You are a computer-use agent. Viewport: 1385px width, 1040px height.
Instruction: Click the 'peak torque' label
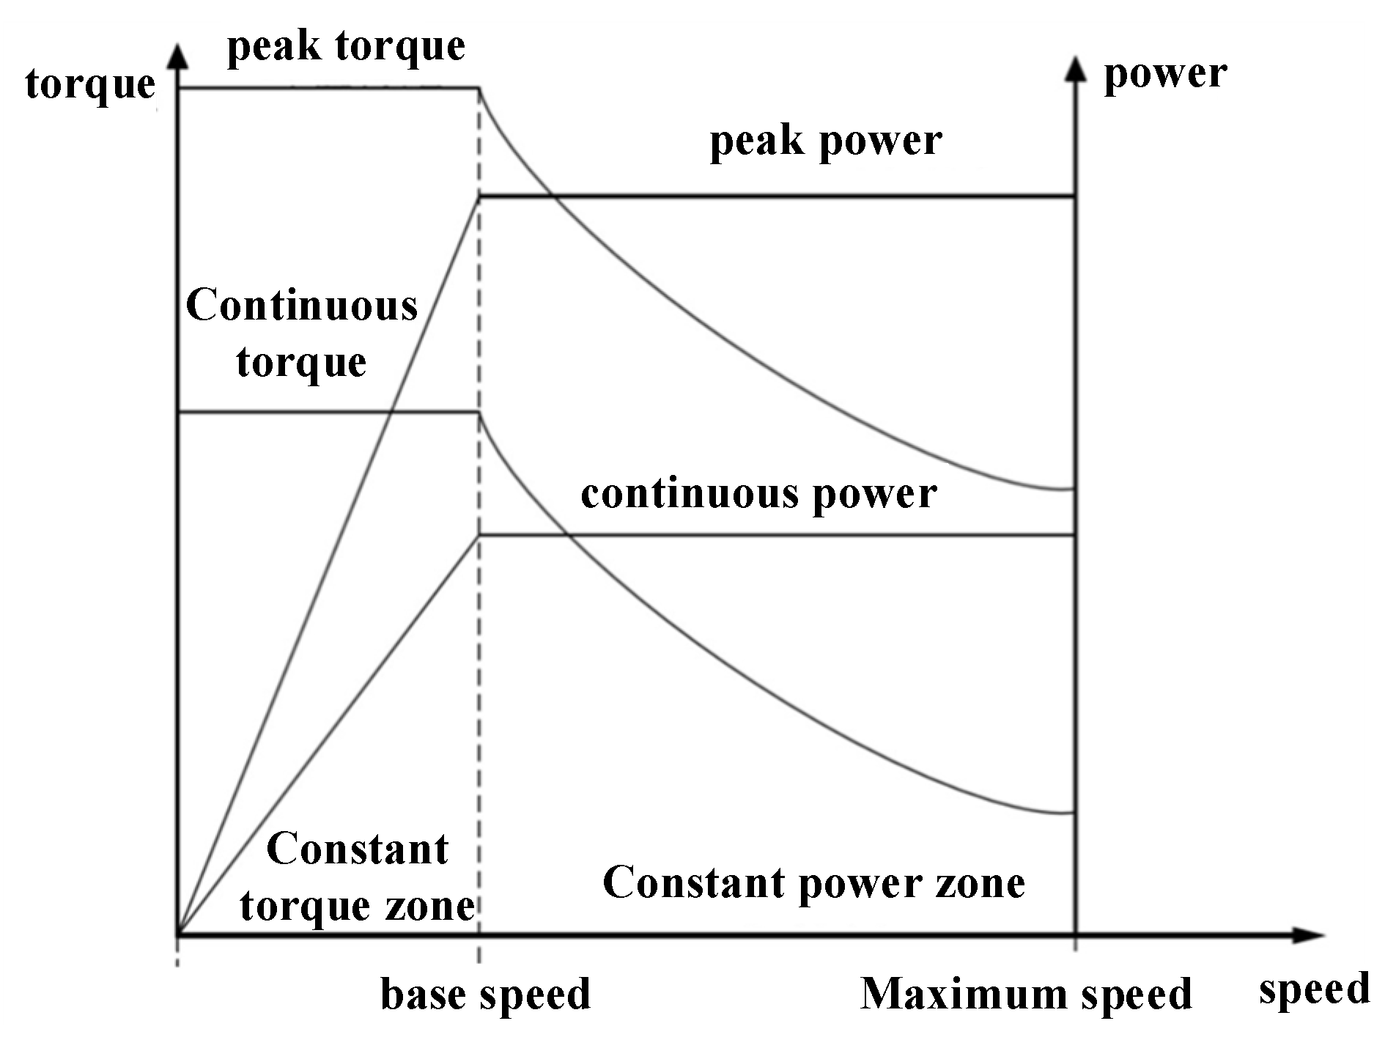tap(346, 48)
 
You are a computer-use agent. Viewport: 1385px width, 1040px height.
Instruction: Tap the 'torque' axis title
tap(90, 84)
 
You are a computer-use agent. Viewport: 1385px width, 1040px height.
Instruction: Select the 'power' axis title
tap(1165, 74)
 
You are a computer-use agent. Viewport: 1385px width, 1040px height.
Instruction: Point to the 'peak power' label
tap(826, 141)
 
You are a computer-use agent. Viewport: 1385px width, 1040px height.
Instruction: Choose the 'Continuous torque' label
tap(301, 333)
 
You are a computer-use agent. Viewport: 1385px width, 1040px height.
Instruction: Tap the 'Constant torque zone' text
tap(358, 877)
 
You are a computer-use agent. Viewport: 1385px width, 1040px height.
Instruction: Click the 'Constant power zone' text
tap(813, 882)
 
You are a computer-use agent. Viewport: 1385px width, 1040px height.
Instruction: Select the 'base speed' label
tap(485, 995)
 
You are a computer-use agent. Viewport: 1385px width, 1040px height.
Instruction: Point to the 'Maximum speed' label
tap(1026, 995)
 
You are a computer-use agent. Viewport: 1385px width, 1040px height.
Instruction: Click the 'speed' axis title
tap(1314, 989)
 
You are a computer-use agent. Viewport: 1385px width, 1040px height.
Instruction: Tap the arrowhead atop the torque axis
tap(177, 57)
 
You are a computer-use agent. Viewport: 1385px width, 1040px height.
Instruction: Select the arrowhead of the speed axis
tap(1312, 935)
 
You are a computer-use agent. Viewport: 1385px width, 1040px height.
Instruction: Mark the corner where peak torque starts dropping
tap(479, 89)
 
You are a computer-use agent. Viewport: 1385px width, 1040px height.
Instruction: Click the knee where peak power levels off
tap(479, 196)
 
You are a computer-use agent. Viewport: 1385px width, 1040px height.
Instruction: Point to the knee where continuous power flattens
tap(479, 536)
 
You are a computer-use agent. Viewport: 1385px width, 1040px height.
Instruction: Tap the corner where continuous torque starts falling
tap(479, 413)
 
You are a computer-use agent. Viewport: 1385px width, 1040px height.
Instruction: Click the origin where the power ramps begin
tap(177, 935)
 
